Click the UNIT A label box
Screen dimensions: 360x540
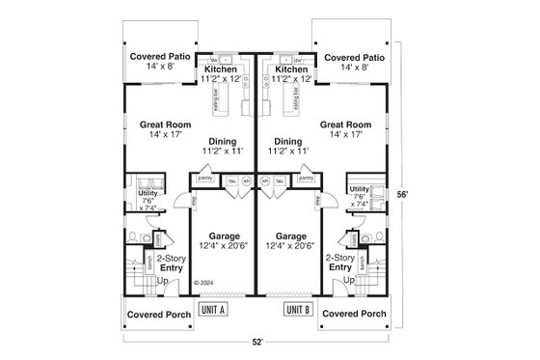pyautogui.click(x=212, y=310)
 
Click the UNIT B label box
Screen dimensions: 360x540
pyautogui.click(x=298, y=310)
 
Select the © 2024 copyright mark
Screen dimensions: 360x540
pyautogui.click(x=203, y=283)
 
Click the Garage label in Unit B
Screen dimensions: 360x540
pyautogui.click(x=290, y=235)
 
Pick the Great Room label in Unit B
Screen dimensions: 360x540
pyautogui.click(x=346, y=125)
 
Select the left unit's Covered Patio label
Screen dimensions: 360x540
pyautogui.click(x=160, y=56)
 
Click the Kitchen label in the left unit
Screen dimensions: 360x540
pyautogui.click(x=221, y=69)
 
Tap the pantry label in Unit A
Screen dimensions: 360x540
pyautogui.click(x=204, y=179)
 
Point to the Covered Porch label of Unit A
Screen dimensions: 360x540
pyautogui.click(x=159, y=314)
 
